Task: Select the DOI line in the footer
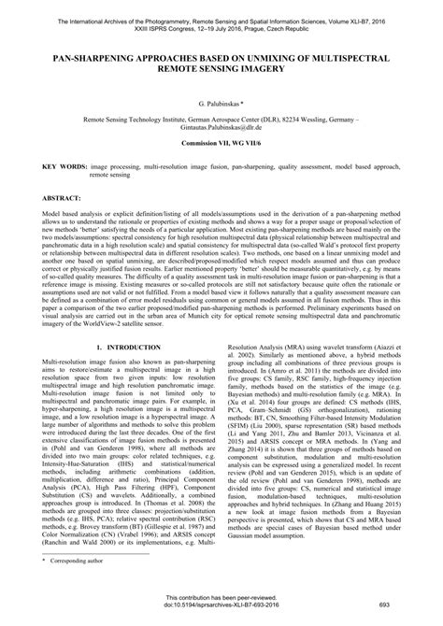pos(221,605)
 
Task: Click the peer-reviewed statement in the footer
pos(221,595)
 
